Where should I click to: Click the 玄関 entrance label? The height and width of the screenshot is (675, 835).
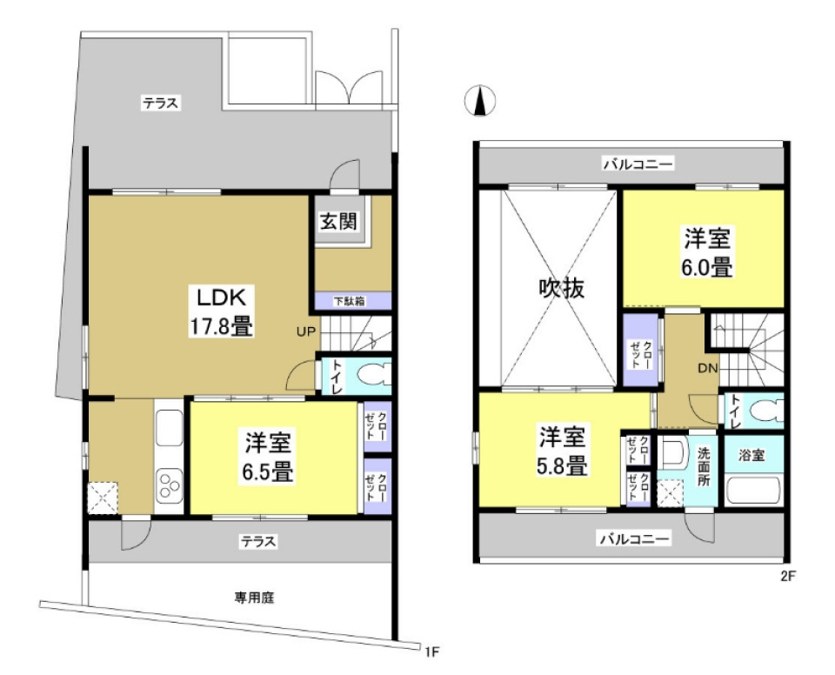[337, 221]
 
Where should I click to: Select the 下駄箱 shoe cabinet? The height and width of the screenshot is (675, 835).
[349, 301]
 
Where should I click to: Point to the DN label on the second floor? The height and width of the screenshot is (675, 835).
[706, 368]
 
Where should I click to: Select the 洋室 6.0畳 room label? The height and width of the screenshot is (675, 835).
[706, 252]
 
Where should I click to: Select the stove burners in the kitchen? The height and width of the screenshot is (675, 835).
[168, 484]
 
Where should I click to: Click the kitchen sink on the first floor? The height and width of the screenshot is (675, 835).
[167, 427]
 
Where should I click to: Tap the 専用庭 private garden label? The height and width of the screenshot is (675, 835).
[255, 598]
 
